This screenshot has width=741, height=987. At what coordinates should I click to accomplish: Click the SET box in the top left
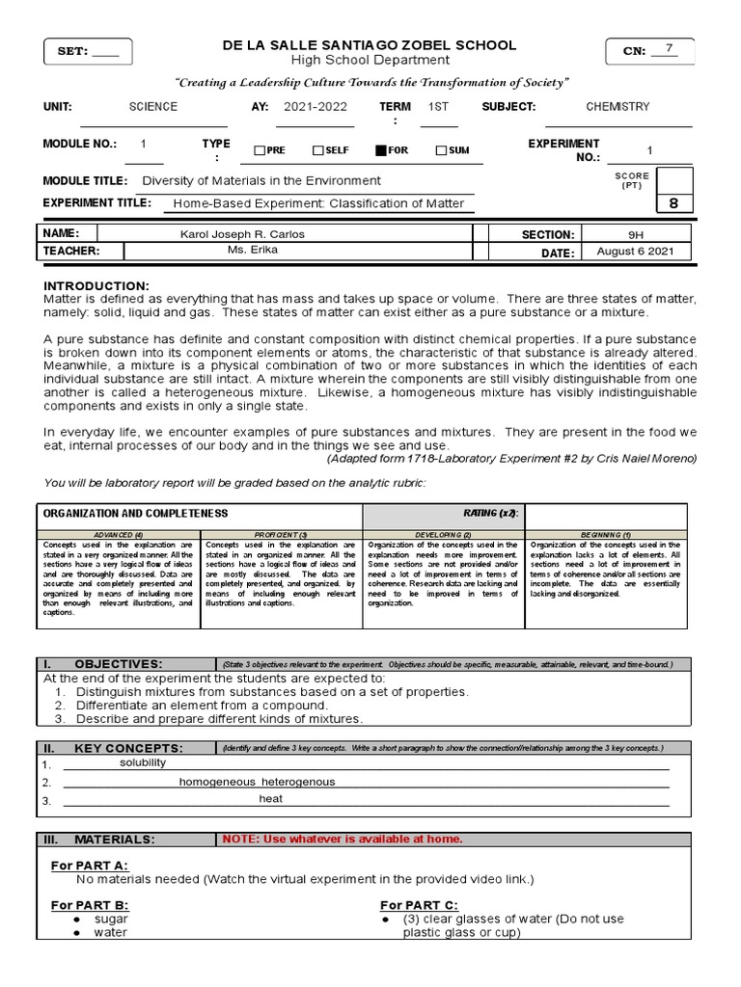click(88, 52)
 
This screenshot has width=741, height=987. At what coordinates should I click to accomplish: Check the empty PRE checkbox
click(259, 150)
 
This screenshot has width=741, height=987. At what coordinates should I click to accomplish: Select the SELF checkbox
click(317, 150)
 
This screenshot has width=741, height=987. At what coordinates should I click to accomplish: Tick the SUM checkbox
click(441, 150)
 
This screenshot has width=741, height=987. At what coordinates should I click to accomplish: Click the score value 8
click(673, 203)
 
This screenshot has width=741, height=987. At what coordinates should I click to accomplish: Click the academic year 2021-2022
click(315, 107)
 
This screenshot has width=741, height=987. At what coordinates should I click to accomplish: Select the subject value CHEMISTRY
click(617, 107)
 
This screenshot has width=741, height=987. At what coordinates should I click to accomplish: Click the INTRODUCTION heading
click(96, 286)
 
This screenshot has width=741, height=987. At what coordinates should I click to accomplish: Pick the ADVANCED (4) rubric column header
click(119, 534)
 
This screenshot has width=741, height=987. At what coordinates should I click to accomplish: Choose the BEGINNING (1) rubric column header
click(607, 534)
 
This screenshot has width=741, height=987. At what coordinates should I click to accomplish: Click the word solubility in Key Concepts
click(143, 762)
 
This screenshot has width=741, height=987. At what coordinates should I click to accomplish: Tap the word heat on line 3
click(270, 799)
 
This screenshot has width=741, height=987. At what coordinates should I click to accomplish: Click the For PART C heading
click(419, 905)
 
